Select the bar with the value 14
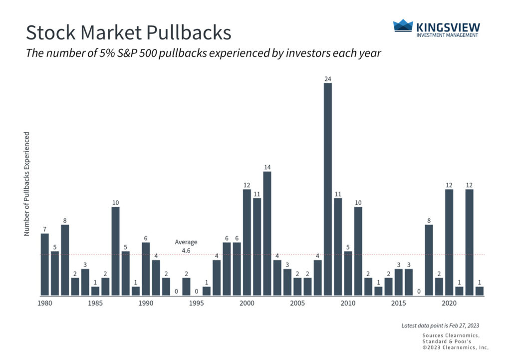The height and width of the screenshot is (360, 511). coord(267,233)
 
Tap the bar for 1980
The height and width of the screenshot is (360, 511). coord(45,264)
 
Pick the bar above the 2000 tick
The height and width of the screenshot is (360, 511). coord(247,242)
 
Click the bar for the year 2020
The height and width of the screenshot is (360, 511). coord(449,242)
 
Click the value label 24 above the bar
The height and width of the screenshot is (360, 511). coord(327,78)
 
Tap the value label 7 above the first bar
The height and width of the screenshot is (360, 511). coord(45,229)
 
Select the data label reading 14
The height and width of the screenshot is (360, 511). coord(267,167)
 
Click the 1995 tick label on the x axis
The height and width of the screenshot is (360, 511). coord(197,303)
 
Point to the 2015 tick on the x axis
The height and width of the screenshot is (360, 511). coord(398,303)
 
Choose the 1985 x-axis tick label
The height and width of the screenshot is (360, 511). coord(95,303)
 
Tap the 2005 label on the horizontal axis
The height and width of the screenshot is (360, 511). coord(297,303)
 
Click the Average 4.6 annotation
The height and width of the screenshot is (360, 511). coord(186,246)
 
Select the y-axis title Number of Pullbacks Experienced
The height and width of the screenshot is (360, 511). coord(27,184)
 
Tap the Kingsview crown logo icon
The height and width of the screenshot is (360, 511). coord(403,26)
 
